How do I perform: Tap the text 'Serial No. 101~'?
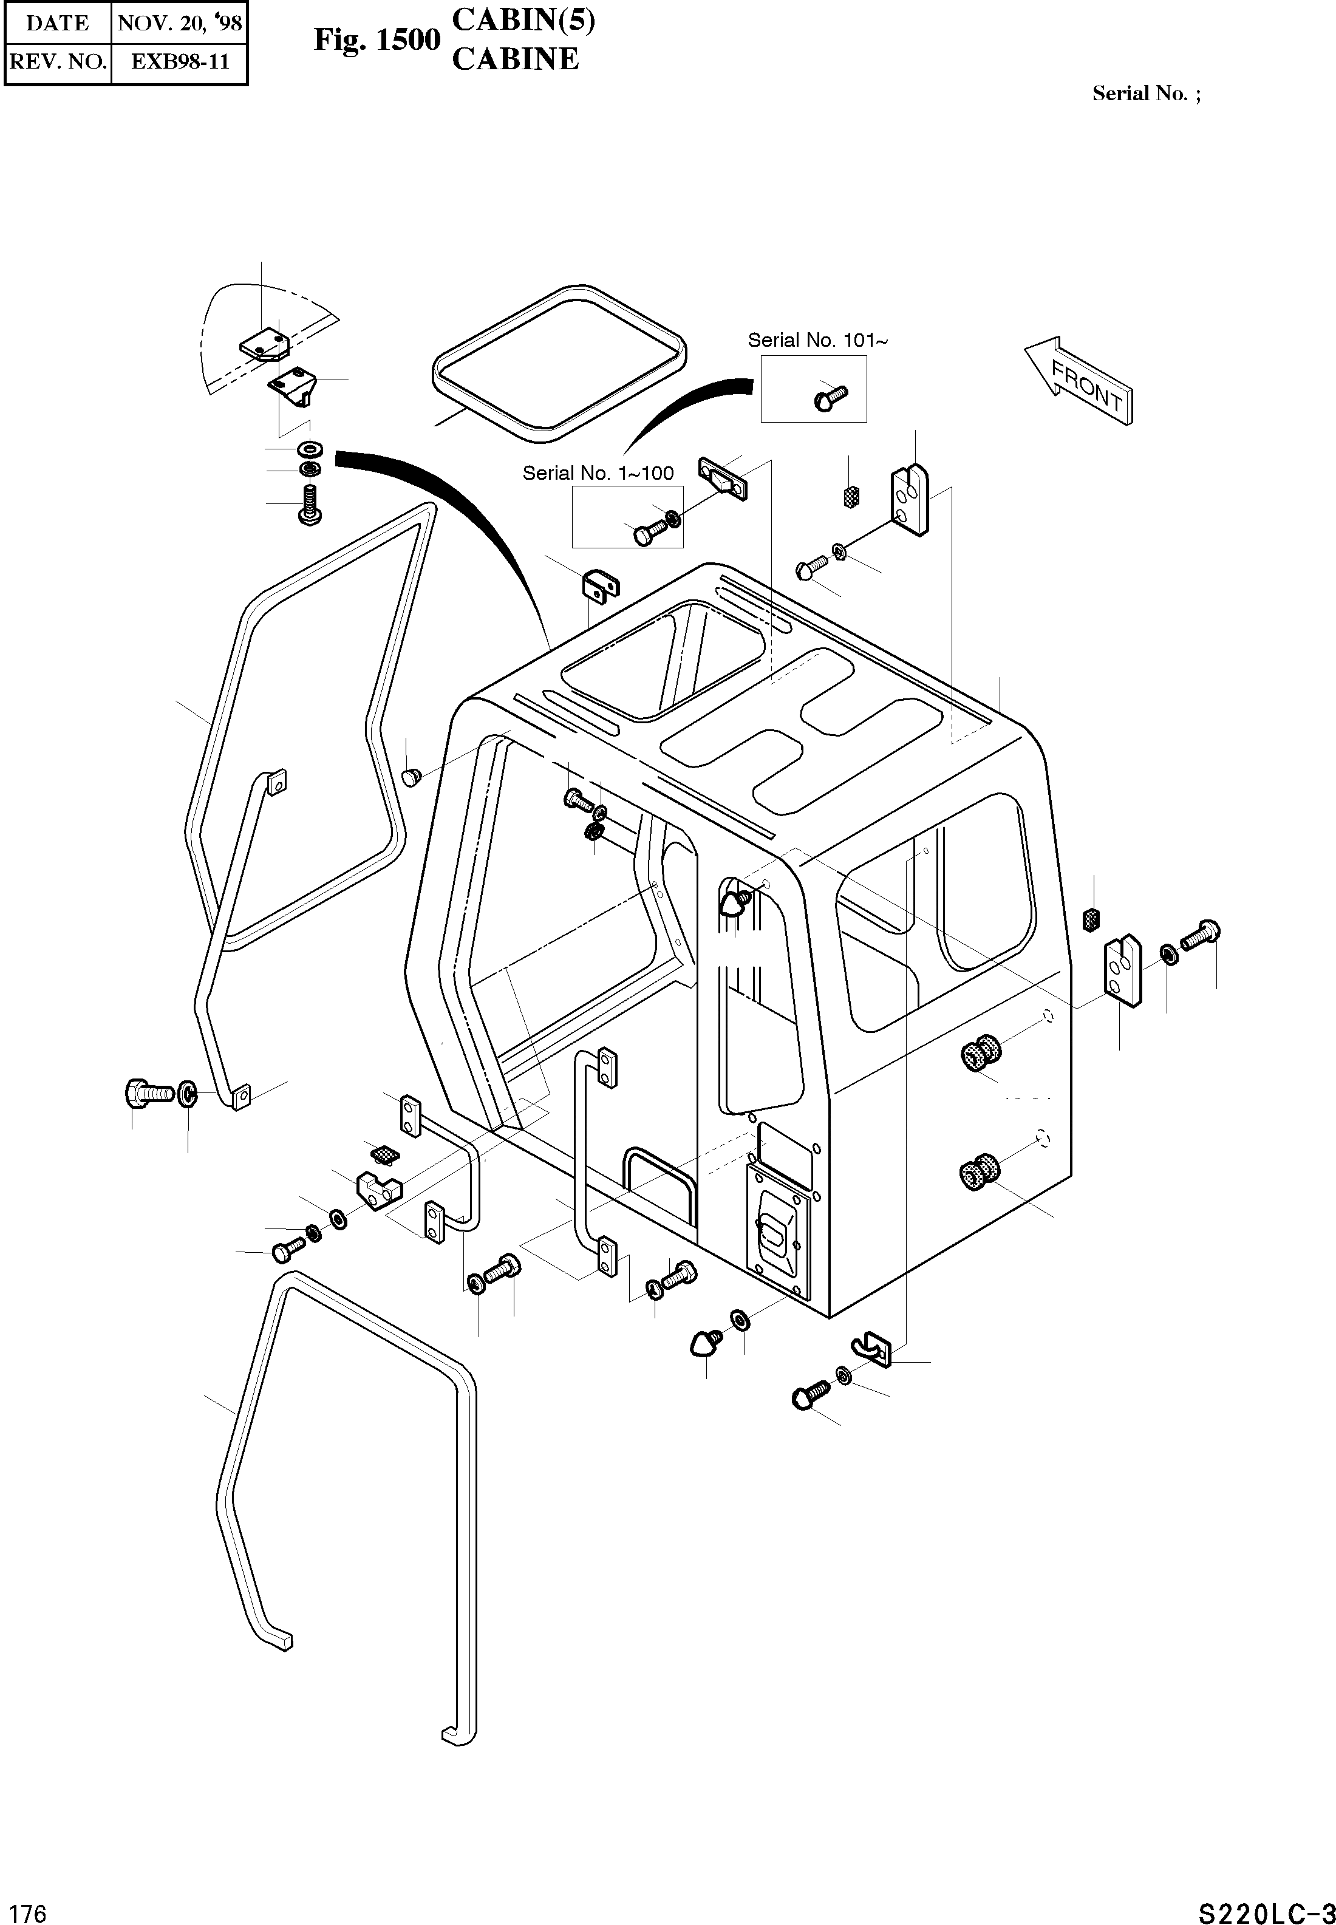[x=817, y=340]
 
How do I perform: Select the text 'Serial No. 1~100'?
[x=598, y=473]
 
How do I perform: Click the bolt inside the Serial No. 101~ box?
[x=830, y=397]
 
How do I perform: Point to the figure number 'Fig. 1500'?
[x=377, y=39]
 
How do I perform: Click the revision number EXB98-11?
[x=179, y=62]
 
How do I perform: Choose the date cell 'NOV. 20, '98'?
[x=179, y=22]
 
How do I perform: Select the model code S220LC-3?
[x=1265, y=1890]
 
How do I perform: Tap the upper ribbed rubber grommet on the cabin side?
[x=981, y=1052]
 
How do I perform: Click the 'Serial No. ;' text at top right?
[x=1146, y=94]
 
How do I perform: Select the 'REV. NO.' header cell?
[x=57, y=62]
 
